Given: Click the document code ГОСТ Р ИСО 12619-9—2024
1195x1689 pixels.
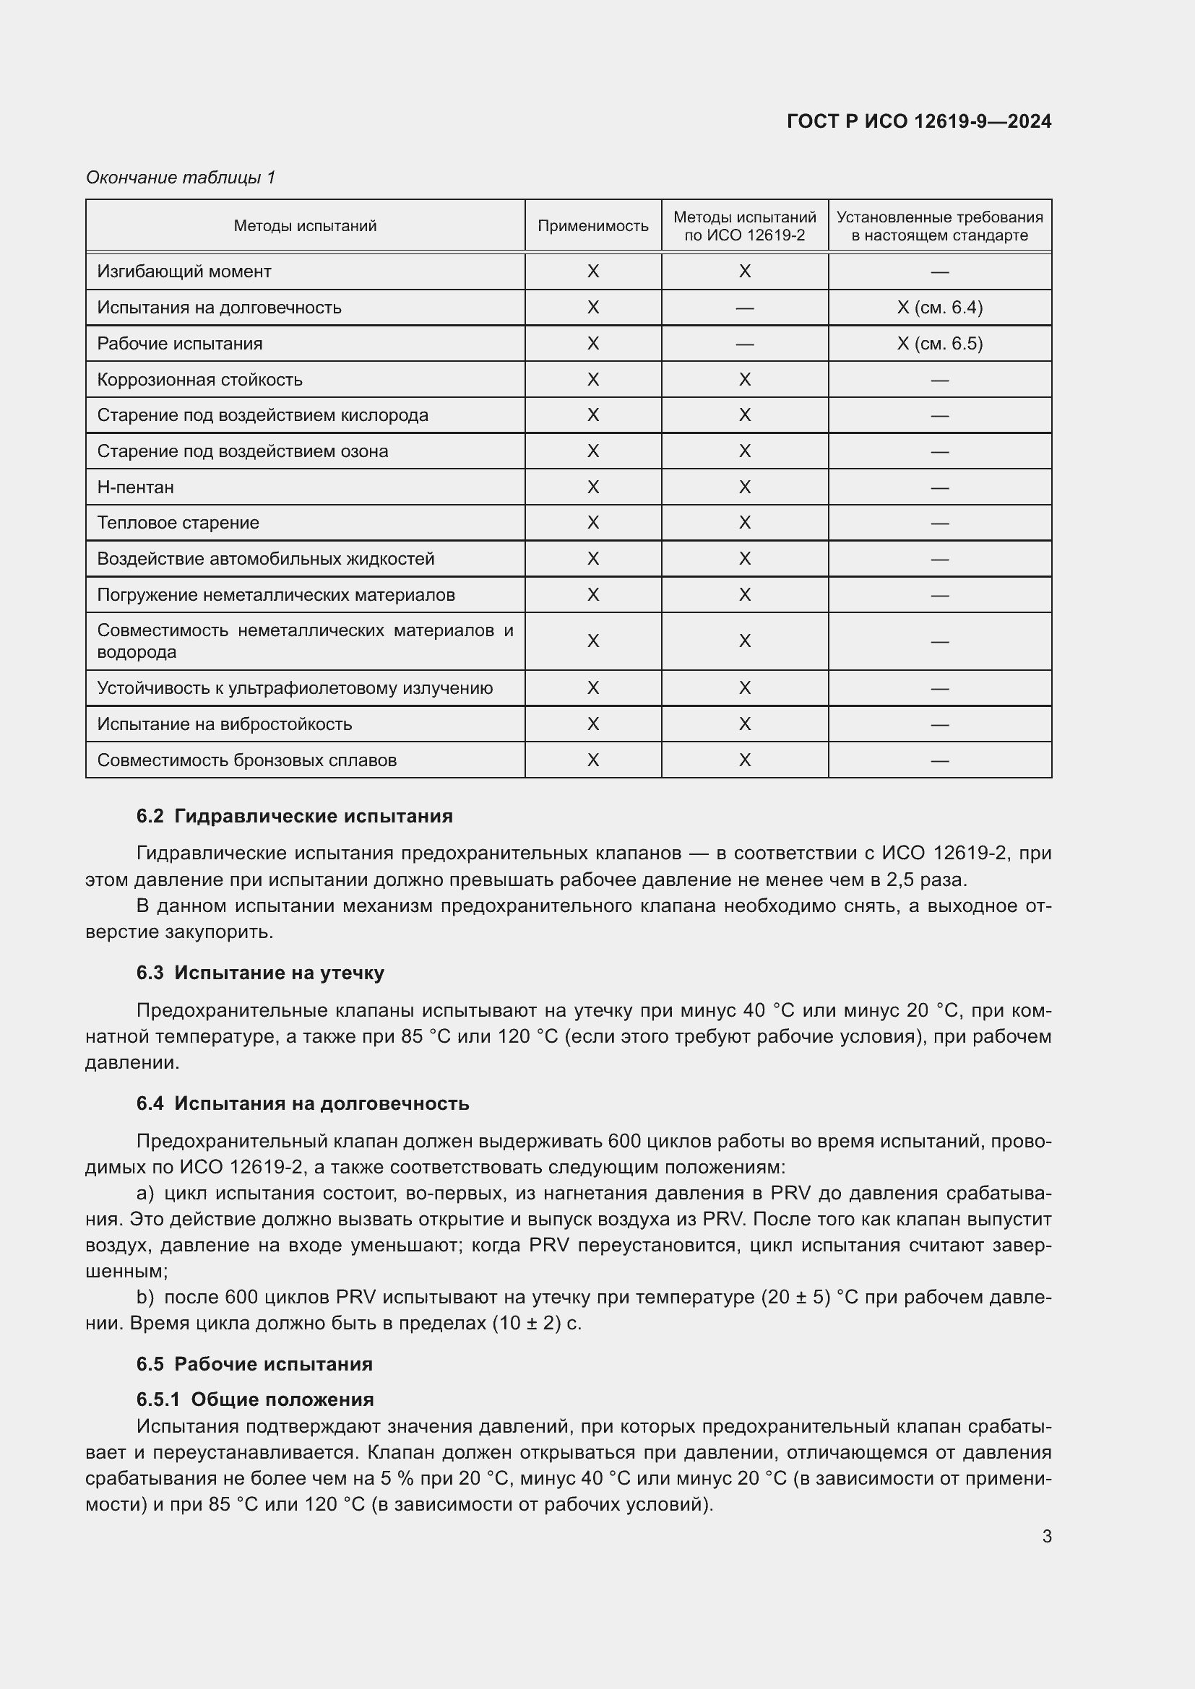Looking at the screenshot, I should click(x=918, y=121).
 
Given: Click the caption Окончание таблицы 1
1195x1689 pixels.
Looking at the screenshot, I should click(x=181, y=178).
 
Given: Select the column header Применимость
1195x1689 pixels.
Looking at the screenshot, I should click(x=592, y=226).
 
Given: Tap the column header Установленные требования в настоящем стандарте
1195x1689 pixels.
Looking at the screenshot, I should click(x=939, y=226).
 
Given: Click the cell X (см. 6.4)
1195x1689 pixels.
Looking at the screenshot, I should click(x=939, y=308).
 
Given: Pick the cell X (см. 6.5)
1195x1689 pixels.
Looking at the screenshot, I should click(x=939, y=344).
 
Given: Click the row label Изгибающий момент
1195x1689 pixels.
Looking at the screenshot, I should click(x=184, y=272).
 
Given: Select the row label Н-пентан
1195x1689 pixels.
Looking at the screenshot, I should click(x=135, y=487).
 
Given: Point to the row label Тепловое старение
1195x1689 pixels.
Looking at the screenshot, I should click(x=178, y=523).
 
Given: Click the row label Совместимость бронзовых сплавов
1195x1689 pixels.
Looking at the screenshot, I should click(x=246, y=760).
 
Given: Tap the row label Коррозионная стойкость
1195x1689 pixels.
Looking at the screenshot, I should click(x=199, y=380).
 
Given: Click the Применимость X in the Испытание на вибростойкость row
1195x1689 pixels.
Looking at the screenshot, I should click(x=592, y=724).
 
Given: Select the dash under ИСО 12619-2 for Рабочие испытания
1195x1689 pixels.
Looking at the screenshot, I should click(x=744, y=344).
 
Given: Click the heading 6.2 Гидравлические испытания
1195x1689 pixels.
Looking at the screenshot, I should click(x=294, y=816).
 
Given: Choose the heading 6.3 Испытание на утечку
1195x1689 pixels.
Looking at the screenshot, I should click(x=260, y=973).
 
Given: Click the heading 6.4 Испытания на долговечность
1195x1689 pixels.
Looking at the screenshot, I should click(x=303, y=1103).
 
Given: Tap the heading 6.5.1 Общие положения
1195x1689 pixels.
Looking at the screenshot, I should click(x=254, y=1399).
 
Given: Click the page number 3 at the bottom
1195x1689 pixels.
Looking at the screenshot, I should click(x=1046, y=1536).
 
